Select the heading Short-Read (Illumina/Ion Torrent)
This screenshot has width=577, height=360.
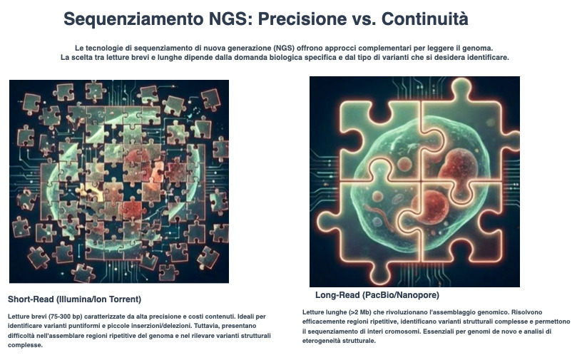[75, 299]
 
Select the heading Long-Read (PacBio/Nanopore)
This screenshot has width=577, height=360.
[377, 294]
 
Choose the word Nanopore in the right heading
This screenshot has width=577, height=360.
[417, 294]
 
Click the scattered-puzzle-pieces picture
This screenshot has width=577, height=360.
[119, 181]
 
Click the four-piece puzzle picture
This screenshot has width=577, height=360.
[414, 181]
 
